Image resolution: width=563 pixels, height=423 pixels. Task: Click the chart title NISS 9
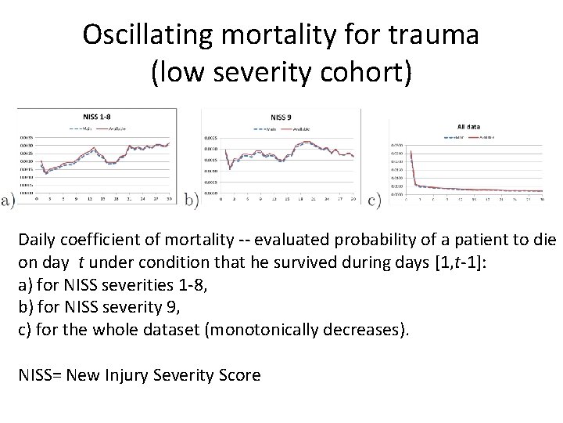[280, 117]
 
